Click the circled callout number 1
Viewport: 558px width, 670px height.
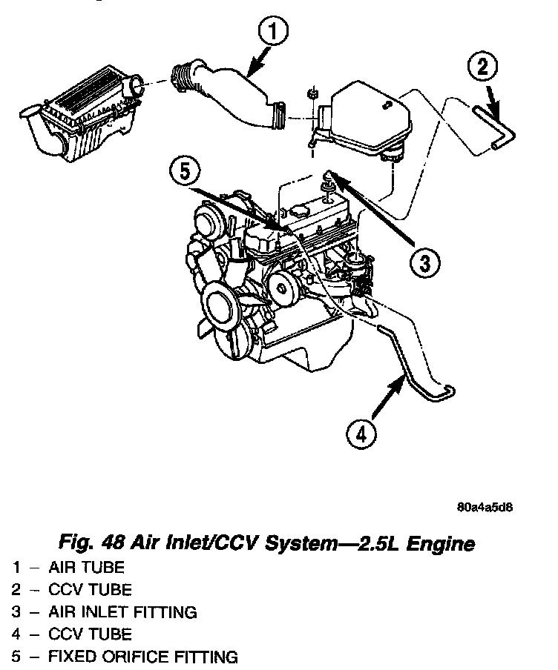pos(274,32)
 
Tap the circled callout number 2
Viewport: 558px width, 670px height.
pos(482,68)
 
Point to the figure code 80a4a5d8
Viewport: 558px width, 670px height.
pos(485,508)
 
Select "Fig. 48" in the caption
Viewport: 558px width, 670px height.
pos(85,544)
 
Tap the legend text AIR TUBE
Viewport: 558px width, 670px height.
pos(86,568)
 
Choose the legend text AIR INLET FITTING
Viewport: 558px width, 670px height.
pos(122,612)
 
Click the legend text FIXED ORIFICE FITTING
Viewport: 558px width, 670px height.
pos(143,657)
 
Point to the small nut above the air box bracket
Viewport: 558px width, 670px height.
pos(312,96)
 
